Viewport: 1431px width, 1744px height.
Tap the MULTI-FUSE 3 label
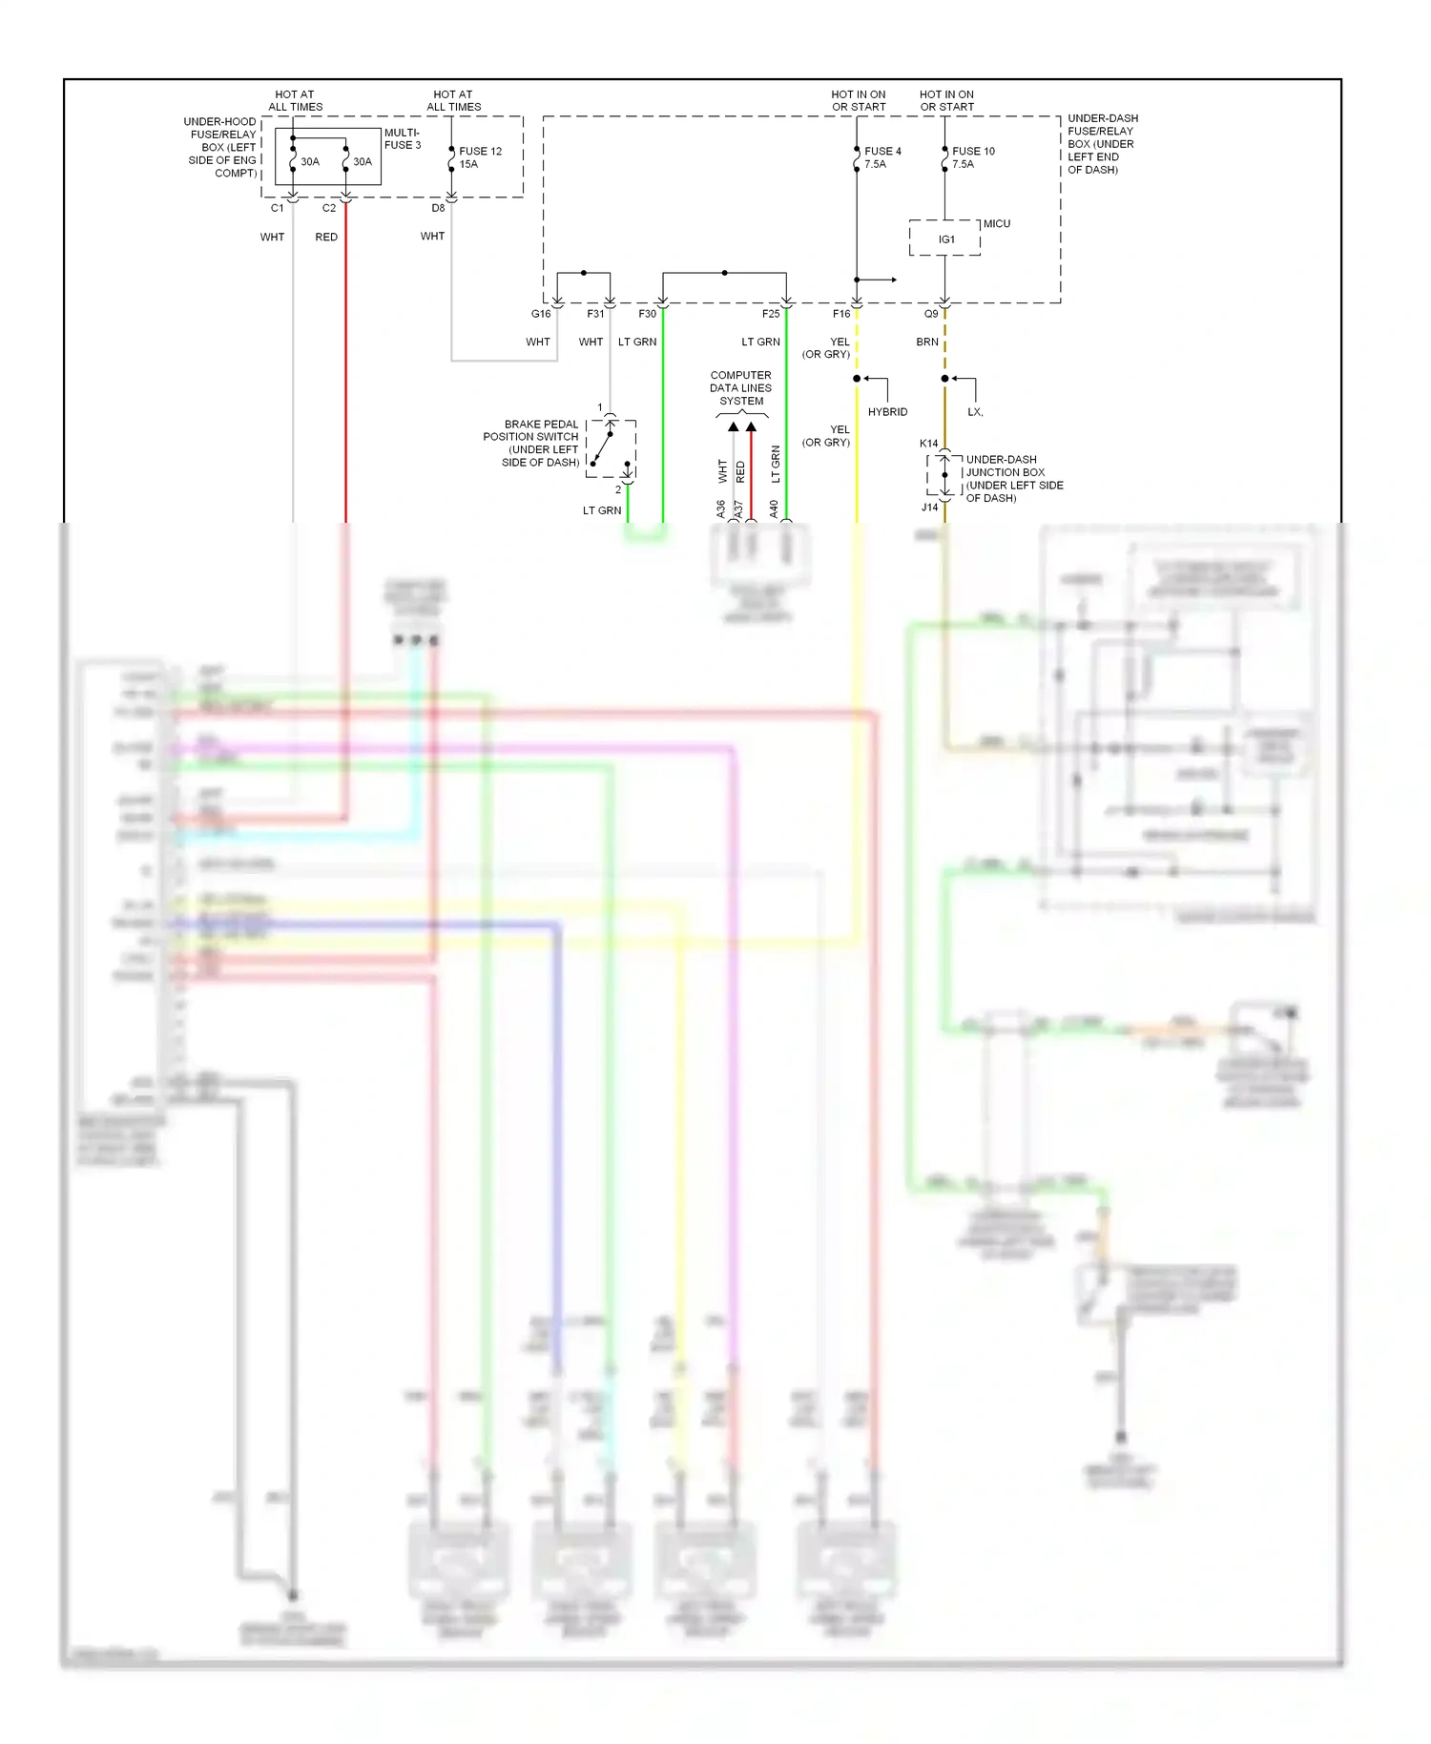point(402,138)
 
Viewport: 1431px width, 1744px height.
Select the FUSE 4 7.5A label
point(881,157)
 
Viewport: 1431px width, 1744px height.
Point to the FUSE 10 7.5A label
point(972,157)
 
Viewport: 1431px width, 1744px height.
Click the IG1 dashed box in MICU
point(944,239)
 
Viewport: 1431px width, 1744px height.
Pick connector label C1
point(277,208)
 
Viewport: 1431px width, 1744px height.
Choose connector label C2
point(328,208)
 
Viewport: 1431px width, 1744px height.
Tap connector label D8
point(438,208)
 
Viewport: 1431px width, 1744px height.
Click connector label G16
point(541,314)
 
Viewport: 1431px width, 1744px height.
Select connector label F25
point(770,314)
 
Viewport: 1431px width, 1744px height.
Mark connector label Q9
point(930,314)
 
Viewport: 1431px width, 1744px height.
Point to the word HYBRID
point(887,412)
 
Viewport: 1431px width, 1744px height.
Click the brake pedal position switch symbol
point(611,448)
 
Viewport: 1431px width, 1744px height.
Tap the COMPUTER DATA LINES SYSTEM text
point(740,388)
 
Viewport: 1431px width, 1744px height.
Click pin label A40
point(774,509)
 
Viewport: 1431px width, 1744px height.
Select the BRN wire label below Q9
point(926,342)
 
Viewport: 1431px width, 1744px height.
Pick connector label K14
point(928,444)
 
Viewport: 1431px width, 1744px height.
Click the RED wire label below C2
point(326,238)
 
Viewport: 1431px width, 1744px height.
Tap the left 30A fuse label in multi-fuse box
point(309,162)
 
